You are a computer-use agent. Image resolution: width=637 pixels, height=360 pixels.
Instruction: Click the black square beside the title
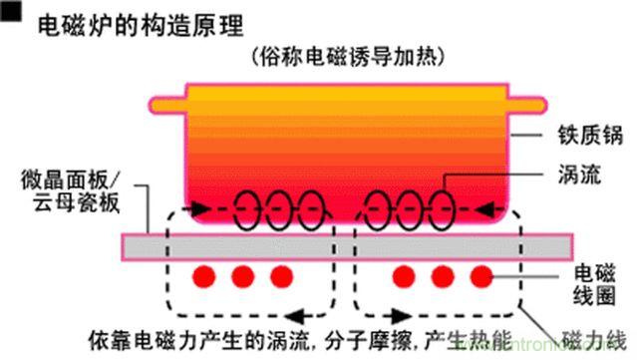click(x=12, y=13)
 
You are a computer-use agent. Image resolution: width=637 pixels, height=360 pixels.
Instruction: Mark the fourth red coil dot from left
click(x=406, y=275)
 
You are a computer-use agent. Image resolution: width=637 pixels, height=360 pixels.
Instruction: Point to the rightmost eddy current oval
click(x=438, y=209)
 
